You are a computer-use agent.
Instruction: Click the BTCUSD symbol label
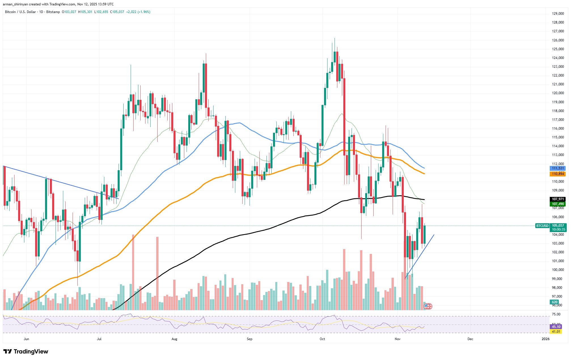pos(542,226)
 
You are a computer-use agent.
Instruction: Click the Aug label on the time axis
pos(174,339)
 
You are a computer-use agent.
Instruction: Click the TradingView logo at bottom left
pos(26,352)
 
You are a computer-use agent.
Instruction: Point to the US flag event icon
pos(428,306)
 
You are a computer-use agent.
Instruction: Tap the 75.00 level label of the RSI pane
pos(554,314)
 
